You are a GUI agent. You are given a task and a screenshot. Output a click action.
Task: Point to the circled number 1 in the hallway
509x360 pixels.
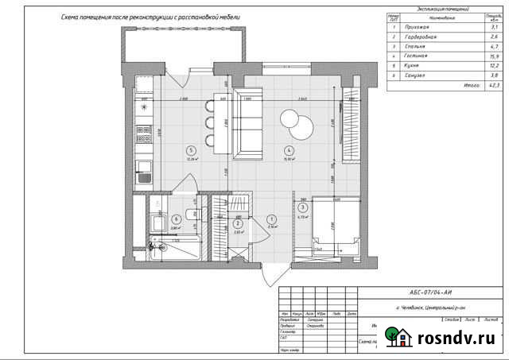[270, 219]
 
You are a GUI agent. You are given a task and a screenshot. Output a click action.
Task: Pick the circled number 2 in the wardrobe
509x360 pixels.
[238, 223]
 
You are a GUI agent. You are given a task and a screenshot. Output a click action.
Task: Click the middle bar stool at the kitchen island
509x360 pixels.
[210, 122]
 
